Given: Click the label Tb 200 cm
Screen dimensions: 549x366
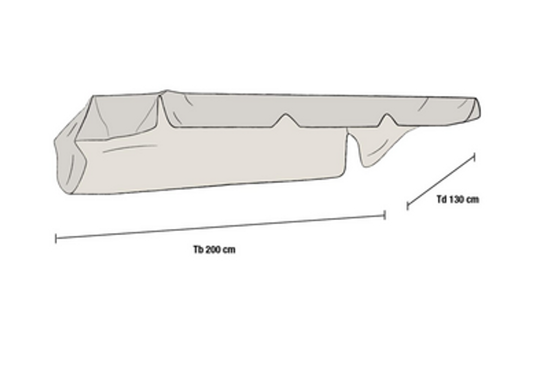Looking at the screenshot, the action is [214, 249].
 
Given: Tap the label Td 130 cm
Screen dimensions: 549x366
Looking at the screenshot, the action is [458, 199].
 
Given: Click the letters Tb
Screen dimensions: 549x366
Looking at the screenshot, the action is [198, 249].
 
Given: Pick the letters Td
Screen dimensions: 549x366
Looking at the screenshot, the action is [441, 199].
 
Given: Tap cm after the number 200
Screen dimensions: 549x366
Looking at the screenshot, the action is [230, 250].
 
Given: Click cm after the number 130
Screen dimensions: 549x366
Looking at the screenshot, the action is [473, 199].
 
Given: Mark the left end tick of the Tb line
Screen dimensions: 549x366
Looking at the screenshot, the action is [56, 239].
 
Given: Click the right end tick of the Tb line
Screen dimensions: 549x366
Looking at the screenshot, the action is [385, 215].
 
